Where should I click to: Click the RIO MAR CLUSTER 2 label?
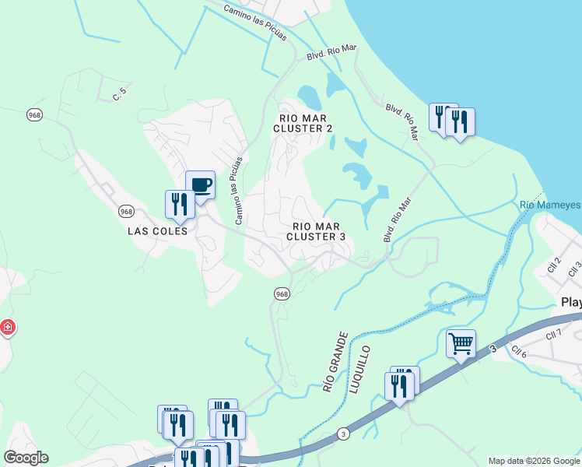(306, 122)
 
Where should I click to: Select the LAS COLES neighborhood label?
(158, 231)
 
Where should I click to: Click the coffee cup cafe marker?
(200, 185)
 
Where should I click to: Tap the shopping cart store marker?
(461, 342)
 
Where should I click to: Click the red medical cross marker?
(7, 328)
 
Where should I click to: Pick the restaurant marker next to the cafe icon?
(180, 204)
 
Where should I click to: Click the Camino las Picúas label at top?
(255, 23)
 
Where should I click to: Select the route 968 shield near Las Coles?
(127, 211)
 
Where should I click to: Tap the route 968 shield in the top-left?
(33, 114)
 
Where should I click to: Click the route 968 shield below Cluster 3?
(282, 293)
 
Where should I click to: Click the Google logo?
(26, 458)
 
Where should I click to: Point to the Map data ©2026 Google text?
(534, 461)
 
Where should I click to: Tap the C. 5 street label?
(119, 96)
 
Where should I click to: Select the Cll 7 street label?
(553, 335)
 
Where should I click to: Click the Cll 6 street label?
(520, 355)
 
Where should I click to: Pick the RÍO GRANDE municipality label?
(330, 367)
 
